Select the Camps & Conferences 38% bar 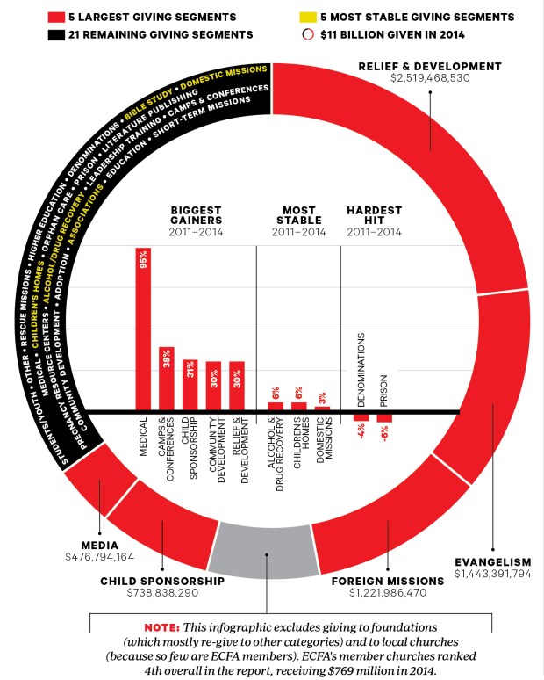[x=167, y=379]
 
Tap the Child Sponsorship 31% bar [x=190, y=385]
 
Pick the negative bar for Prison [x=384, y=418]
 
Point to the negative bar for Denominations [x=361, y=417]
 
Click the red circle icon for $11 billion [x=308, y=33]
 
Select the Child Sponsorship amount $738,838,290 [x=162, y=593]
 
